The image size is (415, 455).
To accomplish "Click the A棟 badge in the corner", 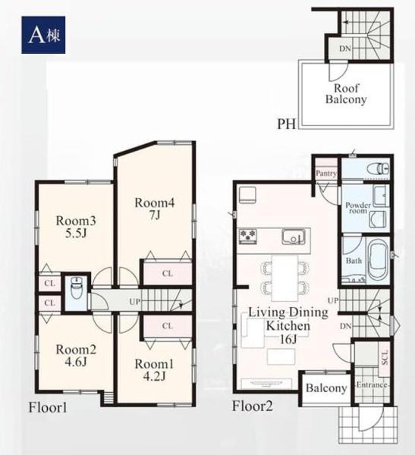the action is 43,35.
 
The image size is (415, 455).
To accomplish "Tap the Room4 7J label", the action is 155,209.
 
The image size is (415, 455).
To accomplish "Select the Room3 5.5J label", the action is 76,227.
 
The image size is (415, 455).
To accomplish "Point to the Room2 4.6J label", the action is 76,356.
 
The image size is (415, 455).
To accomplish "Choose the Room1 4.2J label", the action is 154,370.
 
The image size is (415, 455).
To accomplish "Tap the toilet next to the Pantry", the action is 378,168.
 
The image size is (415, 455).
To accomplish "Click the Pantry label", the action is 326,173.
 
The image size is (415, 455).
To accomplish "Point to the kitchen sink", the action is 294,237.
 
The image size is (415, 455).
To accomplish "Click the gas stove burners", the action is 248,236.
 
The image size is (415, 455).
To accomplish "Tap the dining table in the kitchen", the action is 285,278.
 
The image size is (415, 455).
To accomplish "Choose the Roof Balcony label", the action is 346,93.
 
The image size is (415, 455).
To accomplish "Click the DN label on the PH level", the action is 345,49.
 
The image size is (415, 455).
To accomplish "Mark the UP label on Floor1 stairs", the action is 135,302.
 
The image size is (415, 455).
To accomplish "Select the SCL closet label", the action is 384,357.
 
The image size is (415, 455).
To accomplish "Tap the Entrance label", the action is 372,385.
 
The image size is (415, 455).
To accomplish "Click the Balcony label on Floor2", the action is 326,388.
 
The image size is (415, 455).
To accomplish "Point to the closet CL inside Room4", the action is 167,273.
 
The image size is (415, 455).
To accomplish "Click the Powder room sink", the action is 380,196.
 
